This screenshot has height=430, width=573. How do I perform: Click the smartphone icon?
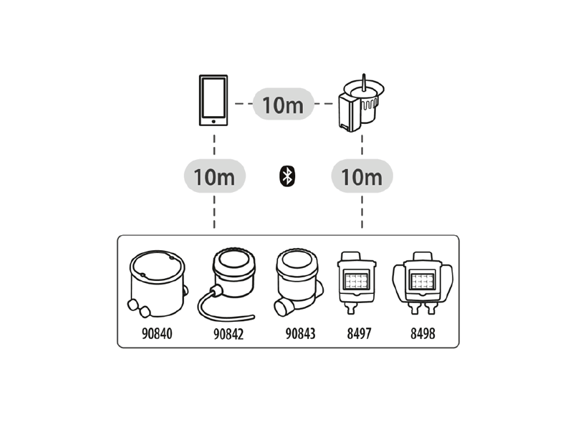point(213,100)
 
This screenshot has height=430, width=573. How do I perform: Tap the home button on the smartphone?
point(213,121)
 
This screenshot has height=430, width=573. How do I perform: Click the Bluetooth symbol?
point(287,176)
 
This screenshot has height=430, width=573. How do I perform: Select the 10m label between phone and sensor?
point(283,104)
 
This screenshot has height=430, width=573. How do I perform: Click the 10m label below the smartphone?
point(214,176)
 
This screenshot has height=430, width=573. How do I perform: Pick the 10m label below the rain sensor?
point(362,176)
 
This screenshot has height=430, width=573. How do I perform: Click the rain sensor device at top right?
point(361,102)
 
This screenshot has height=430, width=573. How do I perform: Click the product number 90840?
point(157,333)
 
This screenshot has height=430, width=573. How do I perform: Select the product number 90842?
point(228,334)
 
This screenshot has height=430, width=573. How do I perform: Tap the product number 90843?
point(300,333)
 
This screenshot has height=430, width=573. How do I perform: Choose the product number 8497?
point(359,333)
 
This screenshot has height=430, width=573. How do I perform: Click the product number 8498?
point(423,333)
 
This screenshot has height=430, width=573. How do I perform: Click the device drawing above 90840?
point(158,284)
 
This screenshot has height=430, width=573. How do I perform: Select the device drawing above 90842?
point(227,284)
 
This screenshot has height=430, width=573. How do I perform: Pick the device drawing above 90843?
point(299,283)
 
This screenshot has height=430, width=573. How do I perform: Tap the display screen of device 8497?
point(356,280)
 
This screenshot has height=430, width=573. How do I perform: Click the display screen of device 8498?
point(423,280)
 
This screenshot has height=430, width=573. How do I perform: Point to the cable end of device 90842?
point(253,317)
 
